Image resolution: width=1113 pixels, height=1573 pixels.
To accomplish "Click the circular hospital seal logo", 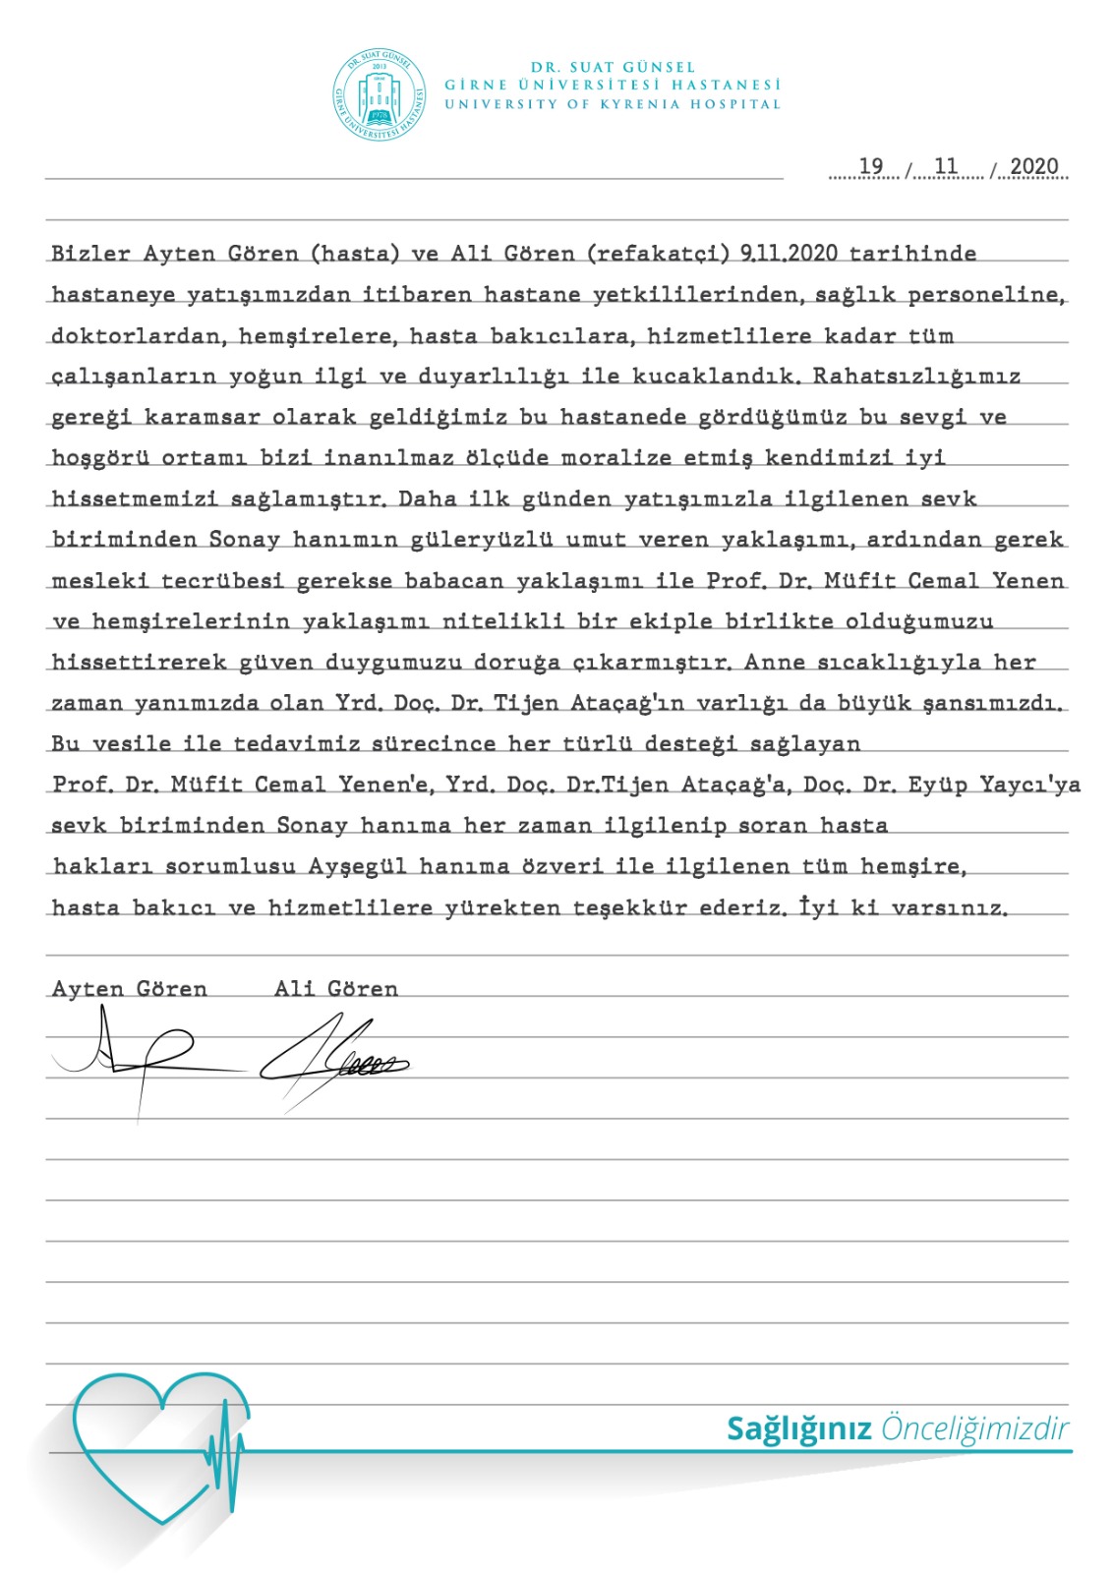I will (380, 95).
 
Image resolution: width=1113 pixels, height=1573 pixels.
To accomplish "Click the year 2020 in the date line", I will (1034, 166).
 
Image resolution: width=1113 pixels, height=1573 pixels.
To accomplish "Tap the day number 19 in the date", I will (871, 166).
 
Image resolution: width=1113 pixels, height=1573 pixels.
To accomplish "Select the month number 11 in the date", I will (946, 166).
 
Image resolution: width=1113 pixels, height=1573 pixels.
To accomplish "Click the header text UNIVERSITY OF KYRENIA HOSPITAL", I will (613, 104).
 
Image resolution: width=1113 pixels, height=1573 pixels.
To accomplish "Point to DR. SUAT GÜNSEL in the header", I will (613, 67).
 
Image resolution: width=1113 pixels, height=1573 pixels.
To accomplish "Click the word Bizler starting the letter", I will (90, 254).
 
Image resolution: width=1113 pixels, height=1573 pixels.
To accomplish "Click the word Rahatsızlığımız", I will (916, 377).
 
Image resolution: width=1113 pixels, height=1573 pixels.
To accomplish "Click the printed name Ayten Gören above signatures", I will (129, 989).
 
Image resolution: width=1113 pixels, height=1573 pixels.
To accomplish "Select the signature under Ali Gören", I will (334, 1061).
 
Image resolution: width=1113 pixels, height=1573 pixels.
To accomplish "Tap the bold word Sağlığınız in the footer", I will (798, 1428).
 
